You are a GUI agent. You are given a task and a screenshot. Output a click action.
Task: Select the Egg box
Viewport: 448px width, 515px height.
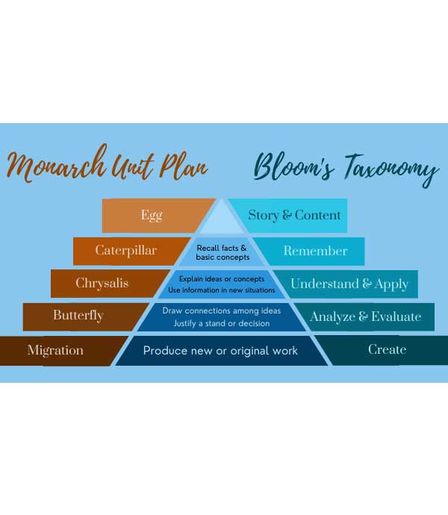pos(152,216)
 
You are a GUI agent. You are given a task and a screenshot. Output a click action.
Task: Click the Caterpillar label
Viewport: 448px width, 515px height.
pos(125,251)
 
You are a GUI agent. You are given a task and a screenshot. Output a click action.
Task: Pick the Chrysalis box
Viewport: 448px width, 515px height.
pos(102,284)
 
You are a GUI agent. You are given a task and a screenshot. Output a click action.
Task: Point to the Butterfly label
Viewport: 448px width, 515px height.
pos(78,316)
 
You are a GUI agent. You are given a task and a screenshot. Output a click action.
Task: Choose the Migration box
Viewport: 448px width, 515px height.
pos(55,350)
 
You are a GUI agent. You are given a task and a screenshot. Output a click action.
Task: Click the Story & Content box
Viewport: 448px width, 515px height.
pos(294,216)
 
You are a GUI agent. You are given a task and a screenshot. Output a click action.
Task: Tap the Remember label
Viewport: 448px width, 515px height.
pos(315,251)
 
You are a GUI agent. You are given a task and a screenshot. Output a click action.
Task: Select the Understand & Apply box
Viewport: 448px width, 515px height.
pos(349,284)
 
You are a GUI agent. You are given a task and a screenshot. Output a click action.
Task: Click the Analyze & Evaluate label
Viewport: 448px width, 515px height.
pos(365,316)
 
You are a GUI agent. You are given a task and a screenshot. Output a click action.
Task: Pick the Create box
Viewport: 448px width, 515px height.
pos(387,349)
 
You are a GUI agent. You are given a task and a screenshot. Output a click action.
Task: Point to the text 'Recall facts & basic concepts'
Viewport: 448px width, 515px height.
pos(223,252)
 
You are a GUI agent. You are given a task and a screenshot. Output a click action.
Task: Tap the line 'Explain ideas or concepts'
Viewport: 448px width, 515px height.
pos(221,279)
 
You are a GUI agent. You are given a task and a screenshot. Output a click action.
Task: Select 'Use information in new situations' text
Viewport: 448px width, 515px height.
pos(222,290)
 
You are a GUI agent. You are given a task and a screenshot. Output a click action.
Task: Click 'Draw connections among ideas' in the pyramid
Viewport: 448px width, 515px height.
pos(221,310)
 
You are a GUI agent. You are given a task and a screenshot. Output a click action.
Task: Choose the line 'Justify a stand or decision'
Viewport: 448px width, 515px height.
pos(221,323)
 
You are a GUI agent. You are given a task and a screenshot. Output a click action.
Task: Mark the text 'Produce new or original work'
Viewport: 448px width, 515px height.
pos(220,350)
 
